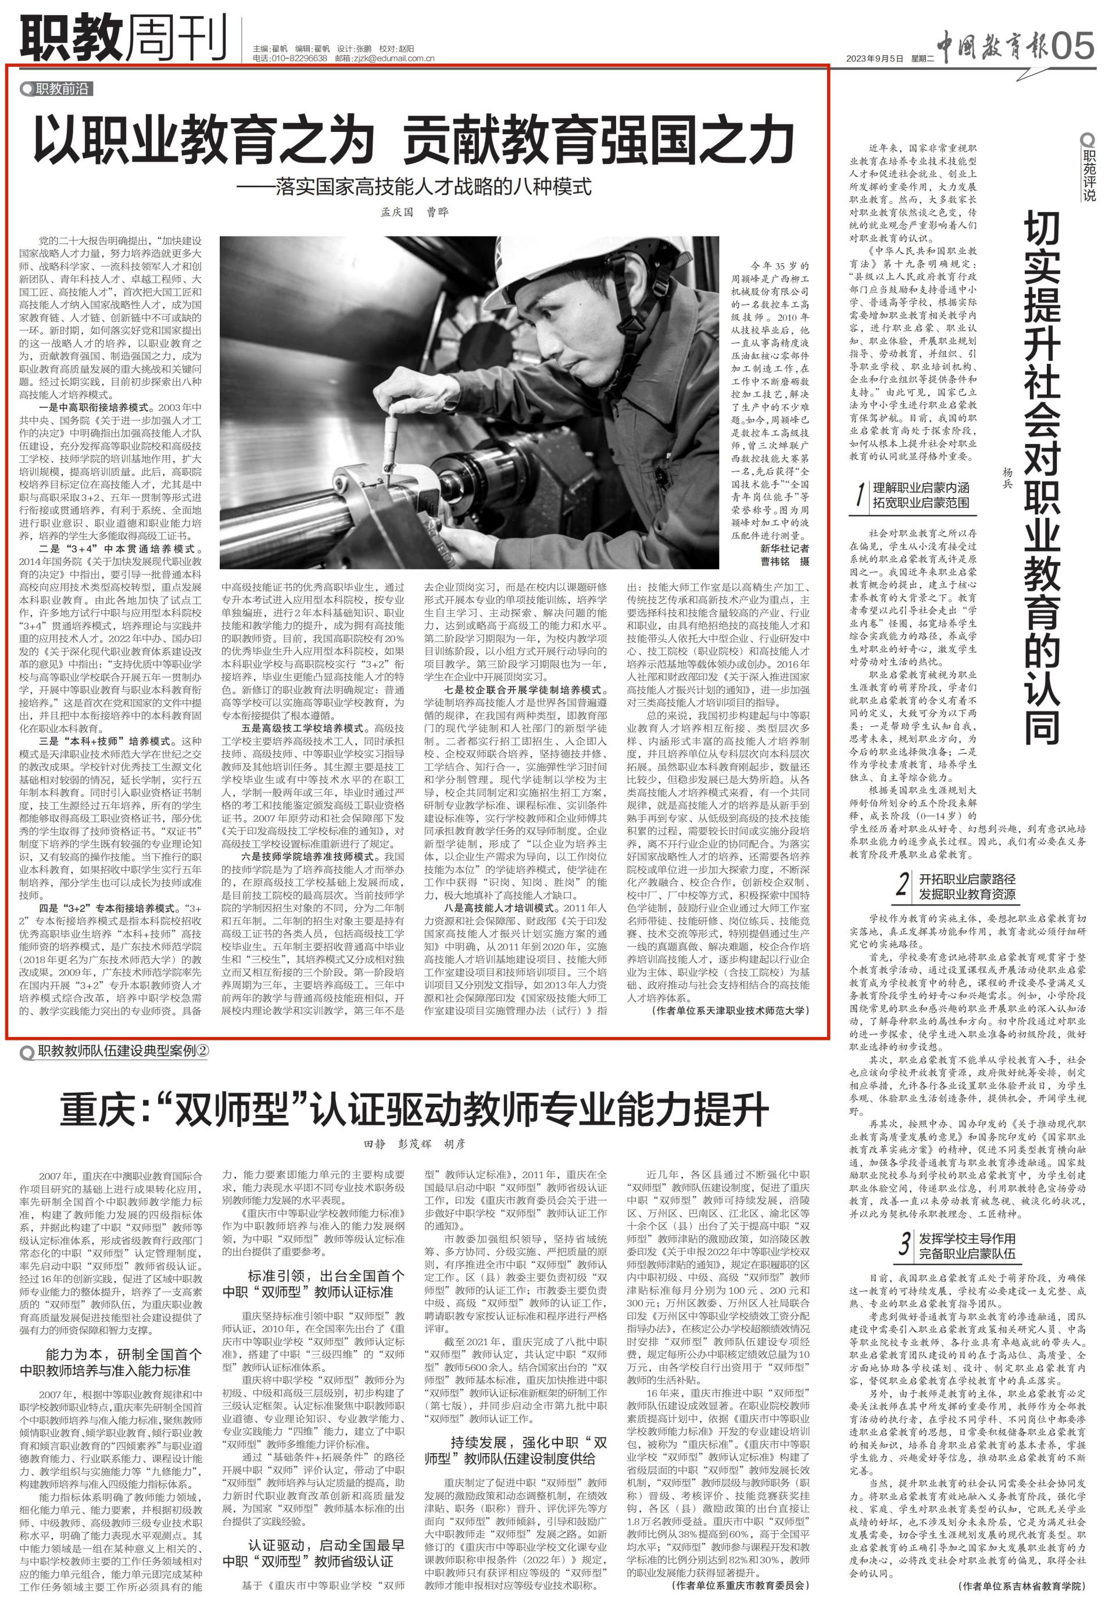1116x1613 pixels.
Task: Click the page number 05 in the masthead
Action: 1072,46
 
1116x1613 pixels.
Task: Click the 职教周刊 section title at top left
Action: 124,38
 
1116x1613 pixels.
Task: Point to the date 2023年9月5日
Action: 875,58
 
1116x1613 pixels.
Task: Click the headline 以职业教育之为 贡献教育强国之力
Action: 414,141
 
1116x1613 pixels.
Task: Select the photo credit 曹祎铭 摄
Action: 785,561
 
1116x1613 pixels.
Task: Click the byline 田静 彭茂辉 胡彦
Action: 414,1145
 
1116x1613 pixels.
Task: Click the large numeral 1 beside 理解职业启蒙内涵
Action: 859,496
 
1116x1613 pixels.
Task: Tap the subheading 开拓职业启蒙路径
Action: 967,879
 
